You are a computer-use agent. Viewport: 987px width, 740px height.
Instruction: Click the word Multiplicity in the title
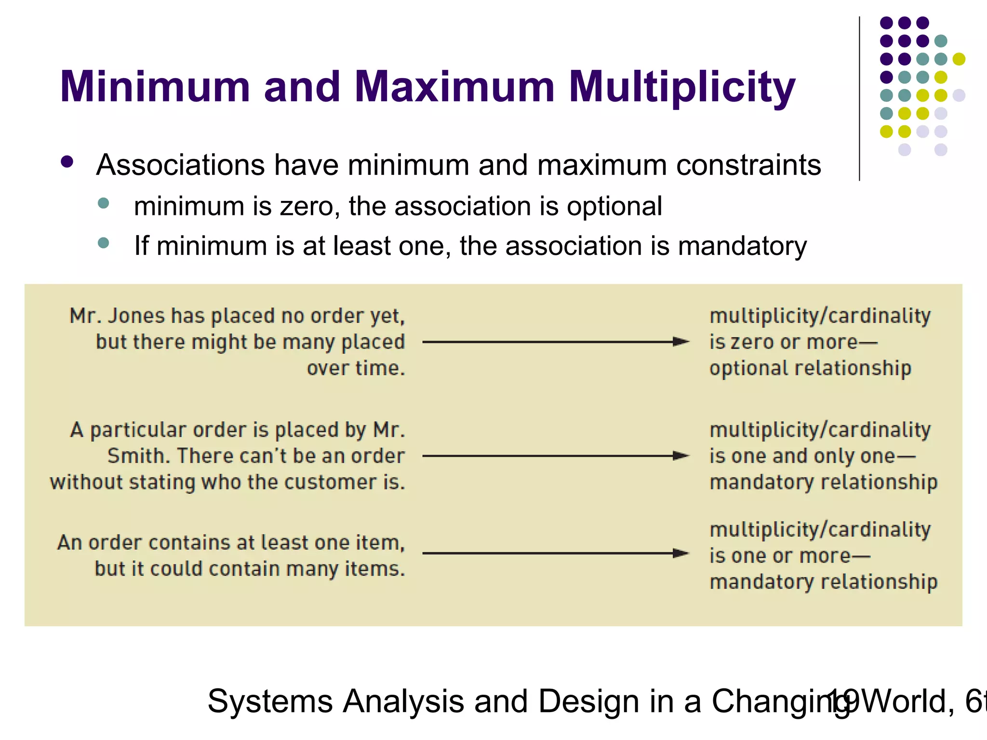(682, 88)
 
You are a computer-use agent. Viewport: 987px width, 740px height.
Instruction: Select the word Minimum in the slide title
(155, 87)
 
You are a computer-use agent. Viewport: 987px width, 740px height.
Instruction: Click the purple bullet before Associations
(67, 162)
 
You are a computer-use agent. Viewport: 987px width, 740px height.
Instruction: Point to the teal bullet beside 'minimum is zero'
(103, 203)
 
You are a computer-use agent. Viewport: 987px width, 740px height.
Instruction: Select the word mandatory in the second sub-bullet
(742, 246)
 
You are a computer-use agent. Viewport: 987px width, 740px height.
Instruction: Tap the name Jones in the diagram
(137, 316)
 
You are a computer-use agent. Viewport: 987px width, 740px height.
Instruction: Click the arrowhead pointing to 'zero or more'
(680, 342)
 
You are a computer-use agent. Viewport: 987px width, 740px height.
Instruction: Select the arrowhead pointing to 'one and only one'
(680, 456)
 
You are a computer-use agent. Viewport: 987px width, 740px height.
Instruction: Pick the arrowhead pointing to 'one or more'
(680, 553)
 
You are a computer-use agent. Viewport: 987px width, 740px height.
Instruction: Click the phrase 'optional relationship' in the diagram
(810, 369)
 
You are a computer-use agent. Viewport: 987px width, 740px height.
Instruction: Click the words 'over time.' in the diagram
(356, 369)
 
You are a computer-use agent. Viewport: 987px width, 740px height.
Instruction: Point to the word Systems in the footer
(270, 701)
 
